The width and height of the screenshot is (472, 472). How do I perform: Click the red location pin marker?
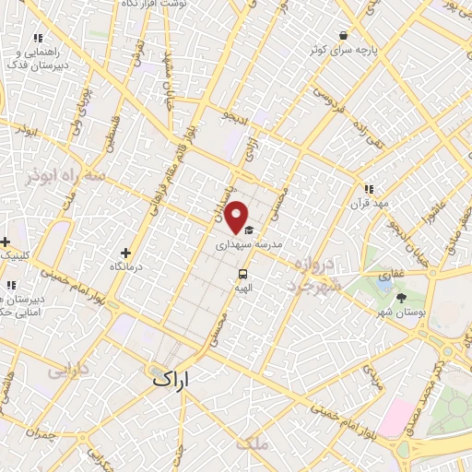(237, 217)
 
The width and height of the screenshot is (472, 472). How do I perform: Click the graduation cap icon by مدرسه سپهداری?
(249, 231)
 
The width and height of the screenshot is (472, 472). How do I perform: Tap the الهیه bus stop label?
(243, 288)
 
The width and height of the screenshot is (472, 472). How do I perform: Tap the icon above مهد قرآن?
(369, 188)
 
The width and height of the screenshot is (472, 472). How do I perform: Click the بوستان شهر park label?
(401, 312)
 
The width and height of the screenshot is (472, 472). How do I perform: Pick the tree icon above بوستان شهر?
(401, 297)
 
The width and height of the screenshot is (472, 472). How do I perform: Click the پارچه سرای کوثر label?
(343, 48)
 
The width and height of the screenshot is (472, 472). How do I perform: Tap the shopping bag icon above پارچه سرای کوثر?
(343, 34)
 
